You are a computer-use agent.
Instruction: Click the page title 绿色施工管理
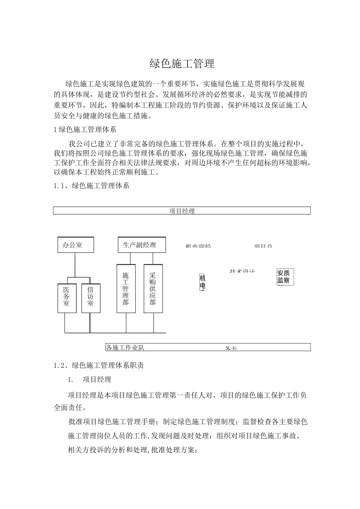point(182,64)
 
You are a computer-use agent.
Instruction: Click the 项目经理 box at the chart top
point(182,211)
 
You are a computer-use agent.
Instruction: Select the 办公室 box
point(75,245)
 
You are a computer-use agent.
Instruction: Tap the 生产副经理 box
point(142,245)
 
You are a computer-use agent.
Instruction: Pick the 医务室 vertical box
point(67,298)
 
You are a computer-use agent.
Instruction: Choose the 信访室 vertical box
point(91,298)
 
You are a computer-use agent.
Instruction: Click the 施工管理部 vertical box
point(126,289)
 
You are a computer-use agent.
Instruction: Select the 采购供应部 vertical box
point(153,289)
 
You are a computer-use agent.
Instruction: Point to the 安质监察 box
point(285,277)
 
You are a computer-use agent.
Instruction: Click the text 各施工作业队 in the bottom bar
point(125,347)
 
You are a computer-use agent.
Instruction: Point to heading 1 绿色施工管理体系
point(85,130)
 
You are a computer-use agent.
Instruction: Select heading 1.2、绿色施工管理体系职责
point(99,365)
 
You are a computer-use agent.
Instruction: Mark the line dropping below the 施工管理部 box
point(126,323)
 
